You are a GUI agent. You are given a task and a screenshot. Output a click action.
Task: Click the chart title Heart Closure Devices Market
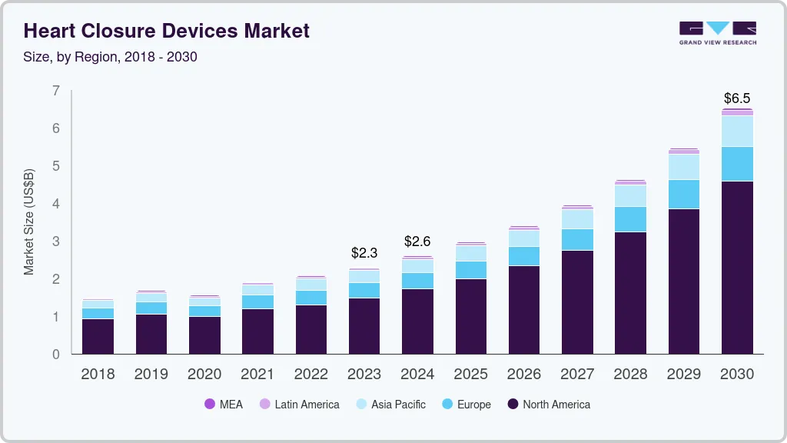point(167,31)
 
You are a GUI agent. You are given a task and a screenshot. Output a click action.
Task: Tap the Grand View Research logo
point(717,33)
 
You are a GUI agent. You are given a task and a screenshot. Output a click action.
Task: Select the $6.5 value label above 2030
point(737,98)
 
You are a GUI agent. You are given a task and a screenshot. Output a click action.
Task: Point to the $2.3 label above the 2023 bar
point(364,252)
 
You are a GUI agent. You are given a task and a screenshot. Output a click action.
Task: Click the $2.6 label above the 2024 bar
point(417,241)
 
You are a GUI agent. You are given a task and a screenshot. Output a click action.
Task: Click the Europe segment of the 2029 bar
point(684,195)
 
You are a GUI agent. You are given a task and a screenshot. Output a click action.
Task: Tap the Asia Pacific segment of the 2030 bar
point(737,132)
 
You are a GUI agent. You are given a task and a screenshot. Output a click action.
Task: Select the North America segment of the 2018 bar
point(98,336)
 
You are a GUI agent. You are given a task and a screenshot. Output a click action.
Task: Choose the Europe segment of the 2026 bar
point(524,256)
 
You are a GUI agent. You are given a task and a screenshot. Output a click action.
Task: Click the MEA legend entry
point(223,405)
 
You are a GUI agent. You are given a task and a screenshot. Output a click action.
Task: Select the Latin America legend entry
point(299,405)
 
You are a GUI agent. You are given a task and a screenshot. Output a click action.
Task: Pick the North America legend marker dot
point(513,405)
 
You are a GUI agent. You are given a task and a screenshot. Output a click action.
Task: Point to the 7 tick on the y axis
point(55,91)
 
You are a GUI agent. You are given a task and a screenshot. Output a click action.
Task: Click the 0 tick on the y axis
point(55,355)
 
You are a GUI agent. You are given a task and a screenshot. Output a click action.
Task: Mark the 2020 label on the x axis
point(204,375)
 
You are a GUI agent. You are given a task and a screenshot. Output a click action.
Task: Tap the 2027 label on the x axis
point(577,375)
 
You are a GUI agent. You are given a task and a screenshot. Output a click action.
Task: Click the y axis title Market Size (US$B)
point(29,221)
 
